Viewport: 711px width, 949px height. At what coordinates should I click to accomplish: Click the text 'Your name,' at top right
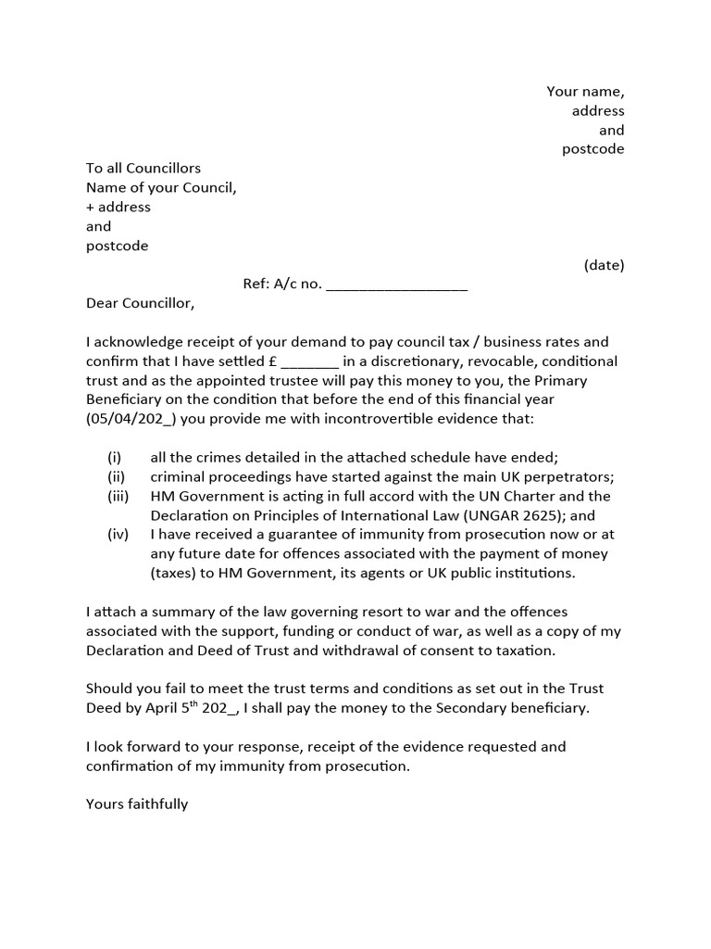point(585,92)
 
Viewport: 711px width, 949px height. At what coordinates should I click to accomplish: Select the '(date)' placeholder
point(604,265)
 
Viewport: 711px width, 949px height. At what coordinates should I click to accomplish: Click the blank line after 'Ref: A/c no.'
point(397,285)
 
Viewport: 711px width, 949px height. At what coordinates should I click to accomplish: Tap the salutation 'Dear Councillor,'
point(141,303)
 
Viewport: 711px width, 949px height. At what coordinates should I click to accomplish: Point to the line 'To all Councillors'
point(143,168)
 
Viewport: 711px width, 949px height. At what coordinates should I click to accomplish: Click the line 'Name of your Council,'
point(162,187)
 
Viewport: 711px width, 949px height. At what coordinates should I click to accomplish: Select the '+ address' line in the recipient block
point(118,207)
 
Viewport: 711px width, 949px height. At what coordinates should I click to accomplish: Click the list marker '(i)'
point(115,458)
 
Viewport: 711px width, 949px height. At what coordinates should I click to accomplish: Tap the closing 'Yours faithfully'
point(137,803)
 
